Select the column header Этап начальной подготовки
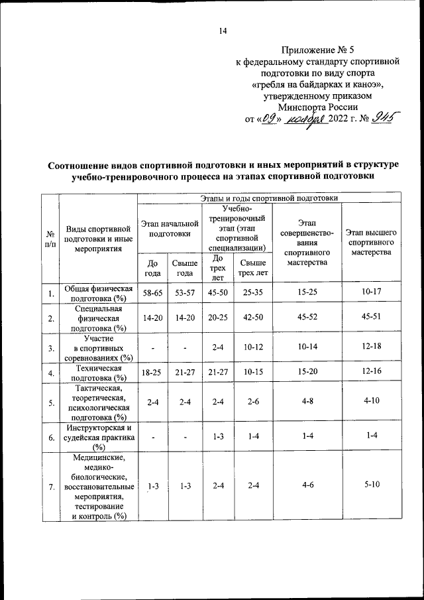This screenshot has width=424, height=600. pyautogui.click(x=169, y=229)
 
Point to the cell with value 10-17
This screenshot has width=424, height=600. pyautogui.click(x=371, y=292)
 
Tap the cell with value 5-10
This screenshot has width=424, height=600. pyautogui.click(x=371, y=485)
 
